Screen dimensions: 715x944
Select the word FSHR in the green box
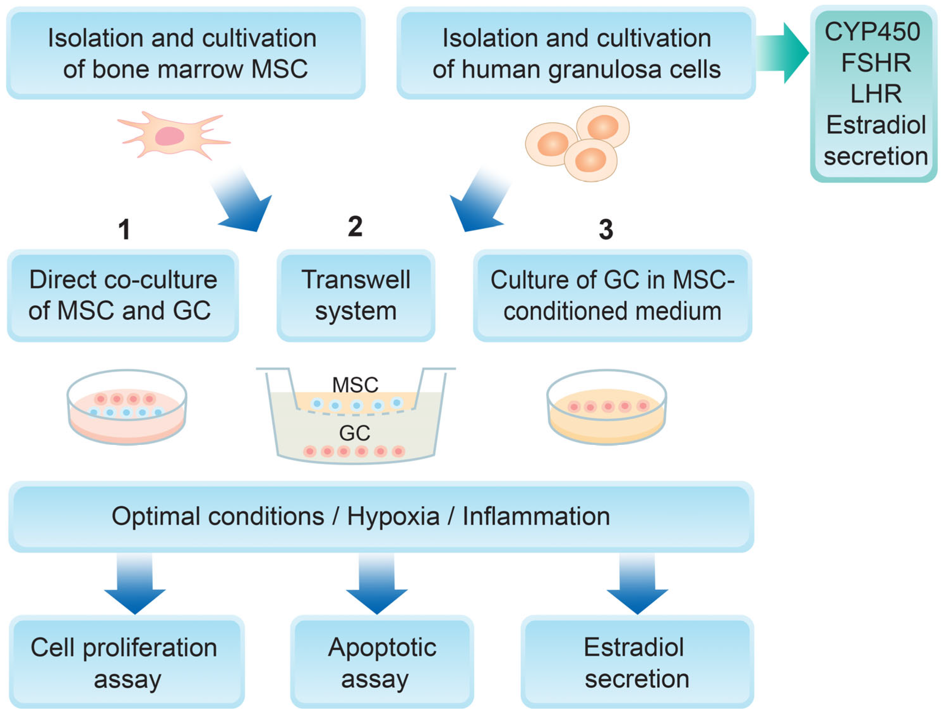click(x=876, y=63)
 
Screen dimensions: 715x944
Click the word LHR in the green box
click(x=876, y=94)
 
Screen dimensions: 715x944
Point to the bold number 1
click(x=124, y=229)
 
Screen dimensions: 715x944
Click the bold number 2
click(x=355, y=226)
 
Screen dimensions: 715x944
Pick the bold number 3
click(x=606, y=229)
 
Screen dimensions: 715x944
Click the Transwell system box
click(x=355, y=295)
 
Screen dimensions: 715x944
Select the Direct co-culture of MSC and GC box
click(x=123, y=295)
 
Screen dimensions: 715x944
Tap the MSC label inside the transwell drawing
click(x=355, y=385)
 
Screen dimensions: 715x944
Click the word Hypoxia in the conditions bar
click(x=393, y=517)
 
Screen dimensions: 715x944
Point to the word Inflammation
click(x=536, y=517)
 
